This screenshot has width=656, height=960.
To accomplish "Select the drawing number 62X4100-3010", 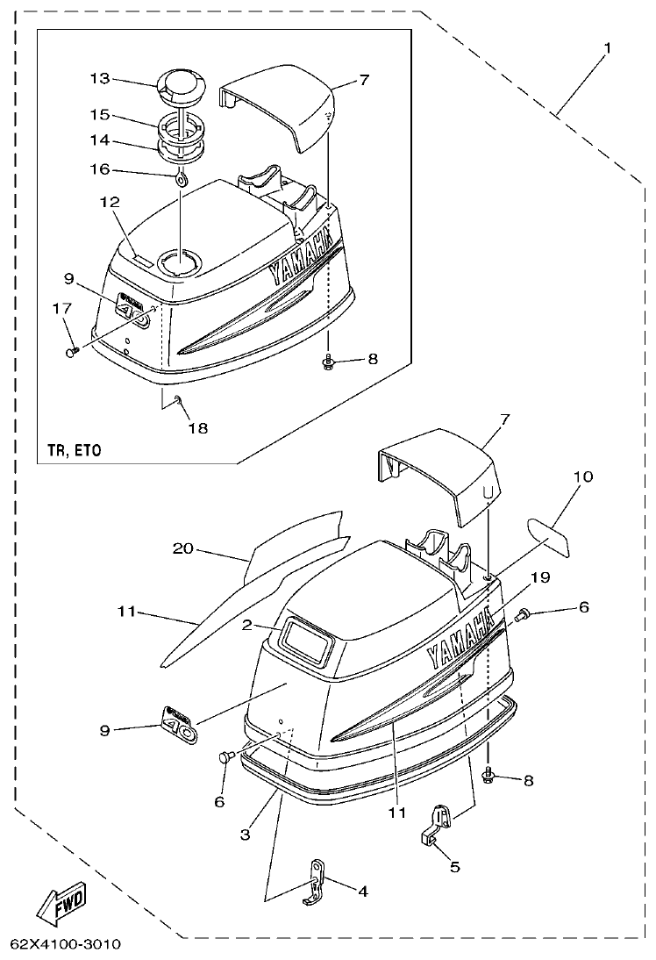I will (66, 945).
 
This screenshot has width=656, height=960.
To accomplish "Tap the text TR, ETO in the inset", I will (74, 450).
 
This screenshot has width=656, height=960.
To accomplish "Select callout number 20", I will (182, 548).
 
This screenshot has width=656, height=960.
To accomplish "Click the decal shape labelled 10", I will (549, 534).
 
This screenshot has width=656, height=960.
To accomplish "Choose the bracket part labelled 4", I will (316, 880).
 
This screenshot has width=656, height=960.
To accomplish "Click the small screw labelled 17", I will (72, 350).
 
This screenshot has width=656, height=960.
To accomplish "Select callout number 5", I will (453, 866).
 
